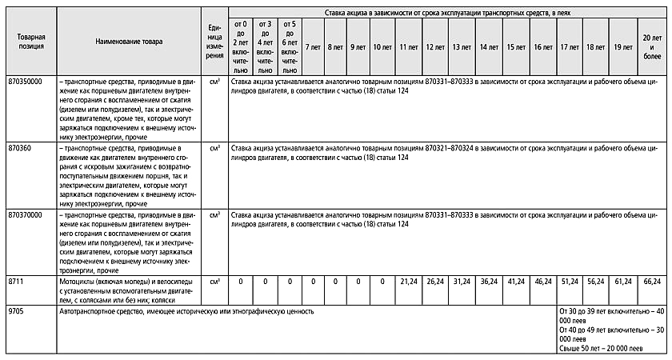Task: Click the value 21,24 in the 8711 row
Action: pos(409,282)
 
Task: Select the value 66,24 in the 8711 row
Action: pos(652,282)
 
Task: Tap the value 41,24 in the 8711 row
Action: pos(515,282)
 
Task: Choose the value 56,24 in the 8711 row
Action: pos(596,282)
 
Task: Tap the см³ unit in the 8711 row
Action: pos(214,282)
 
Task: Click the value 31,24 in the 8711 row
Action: pos(462,282)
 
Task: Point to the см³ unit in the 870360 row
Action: pos(214,148)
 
